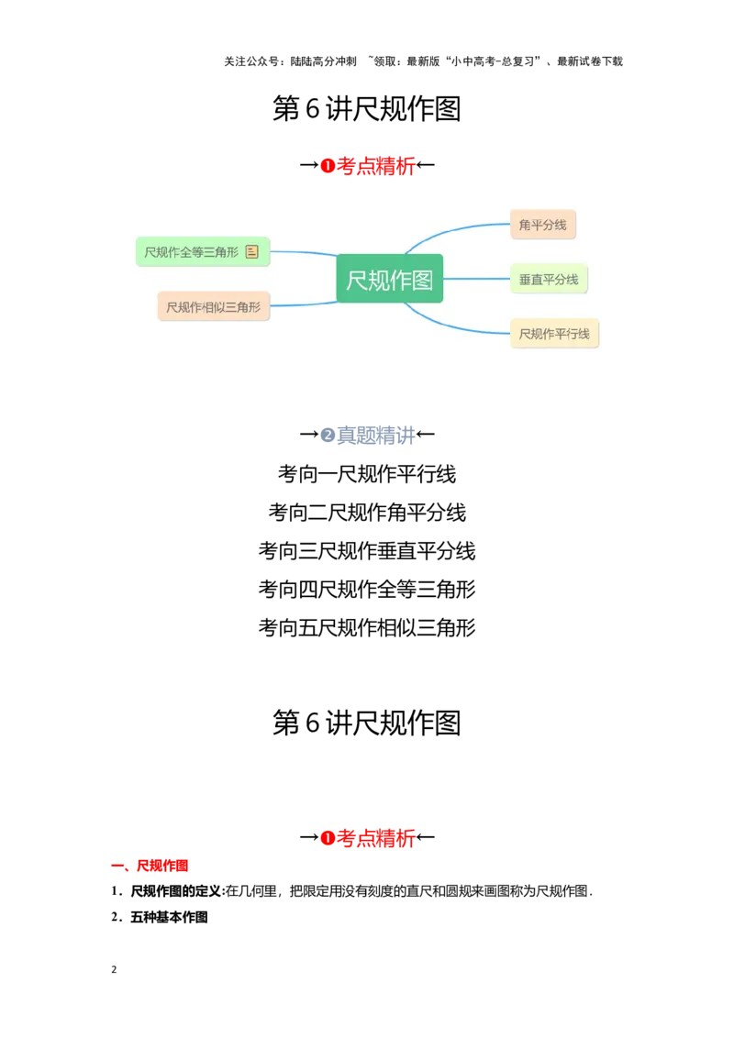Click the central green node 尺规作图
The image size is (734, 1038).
click(390, 279)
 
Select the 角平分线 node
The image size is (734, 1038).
click(543, 225)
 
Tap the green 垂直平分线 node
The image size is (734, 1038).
click(549, 279)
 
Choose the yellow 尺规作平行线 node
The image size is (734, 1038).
click(554, 334)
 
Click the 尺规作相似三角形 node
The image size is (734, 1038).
click(214, 307)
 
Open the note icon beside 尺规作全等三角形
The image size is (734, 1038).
click(252, 251)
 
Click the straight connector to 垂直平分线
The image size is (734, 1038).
click(476, 279)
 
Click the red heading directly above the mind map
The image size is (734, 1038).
click(367, 166)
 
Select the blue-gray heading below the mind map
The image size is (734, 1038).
click(367, 436)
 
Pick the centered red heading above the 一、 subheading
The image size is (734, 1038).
click(367, 838)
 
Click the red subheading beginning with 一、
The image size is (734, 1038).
click(150, 866)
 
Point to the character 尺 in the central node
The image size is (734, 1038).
click(357, 279)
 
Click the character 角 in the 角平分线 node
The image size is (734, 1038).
click(525, 225)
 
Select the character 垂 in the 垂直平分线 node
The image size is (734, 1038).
click(525, 279)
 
